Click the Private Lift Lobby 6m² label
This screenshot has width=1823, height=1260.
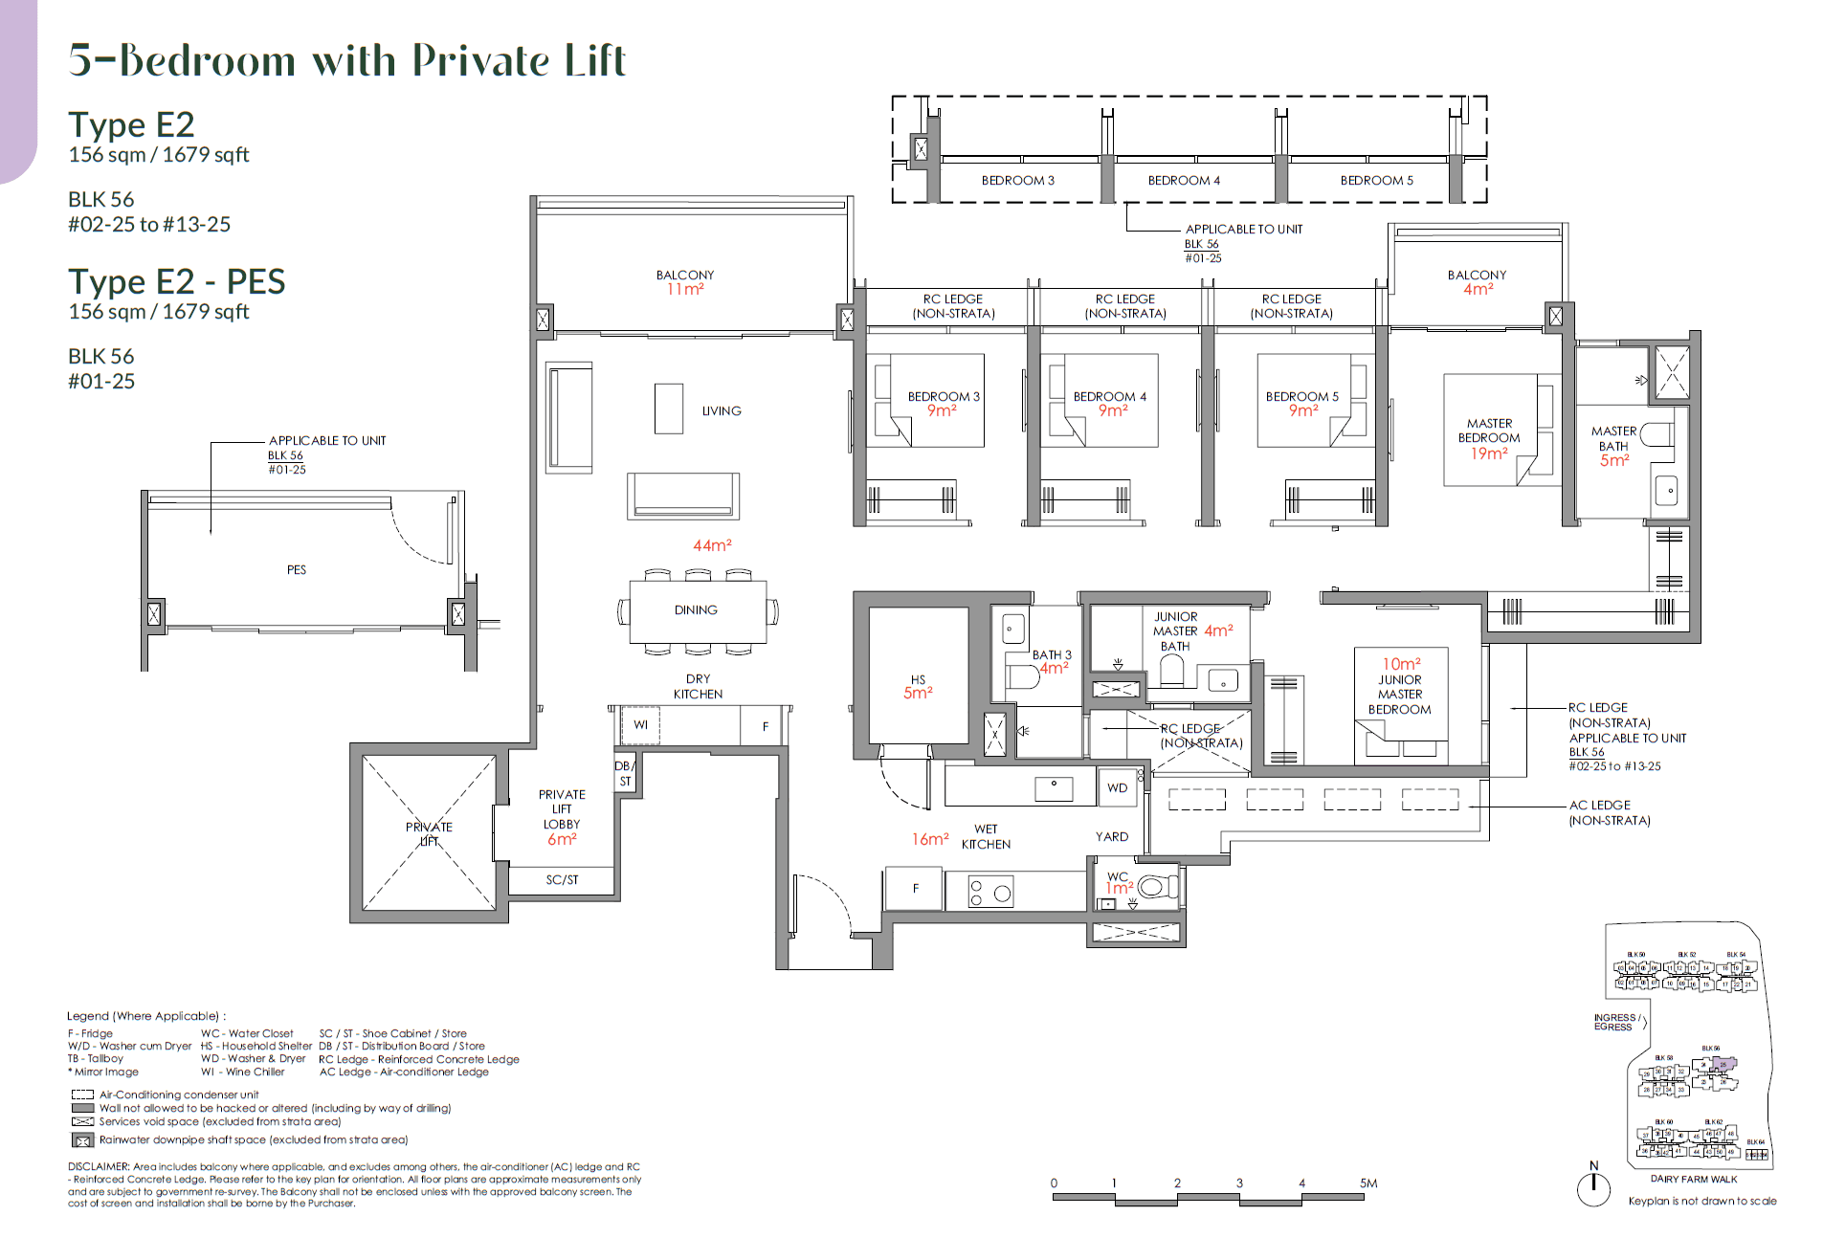coord(562,817)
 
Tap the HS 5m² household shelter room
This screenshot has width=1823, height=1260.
coord(918,685)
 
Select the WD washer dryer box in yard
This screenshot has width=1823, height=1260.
coord(1117,788)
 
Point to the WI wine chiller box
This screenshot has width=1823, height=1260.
coord(640,725)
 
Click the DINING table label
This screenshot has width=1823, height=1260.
coord(696,610)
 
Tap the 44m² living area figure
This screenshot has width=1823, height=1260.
coord(712,545)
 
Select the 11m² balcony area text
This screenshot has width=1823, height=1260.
coord(685,289)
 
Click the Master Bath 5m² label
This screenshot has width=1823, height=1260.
coord(1613,446)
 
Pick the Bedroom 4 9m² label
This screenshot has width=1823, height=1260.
coord(1110,403)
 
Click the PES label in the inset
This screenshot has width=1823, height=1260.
coord(297,570)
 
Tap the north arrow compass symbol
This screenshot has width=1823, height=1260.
coord(1593,1186)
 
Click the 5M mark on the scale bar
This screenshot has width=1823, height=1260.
coord(1367,1183)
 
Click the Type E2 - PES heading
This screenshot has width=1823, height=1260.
coord(177,282)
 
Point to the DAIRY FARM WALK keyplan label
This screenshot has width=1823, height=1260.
coord(1693,1179)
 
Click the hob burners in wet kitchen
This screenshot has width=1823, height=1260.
coord(990,893)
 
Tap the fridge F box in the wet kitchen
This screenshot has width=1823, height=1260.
coord(915,889)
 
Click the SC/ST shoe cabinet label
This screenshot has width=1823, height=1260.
coord(562,880)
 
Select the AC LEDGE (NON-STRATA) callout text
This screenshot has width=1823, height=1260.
coord(1609,813)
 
